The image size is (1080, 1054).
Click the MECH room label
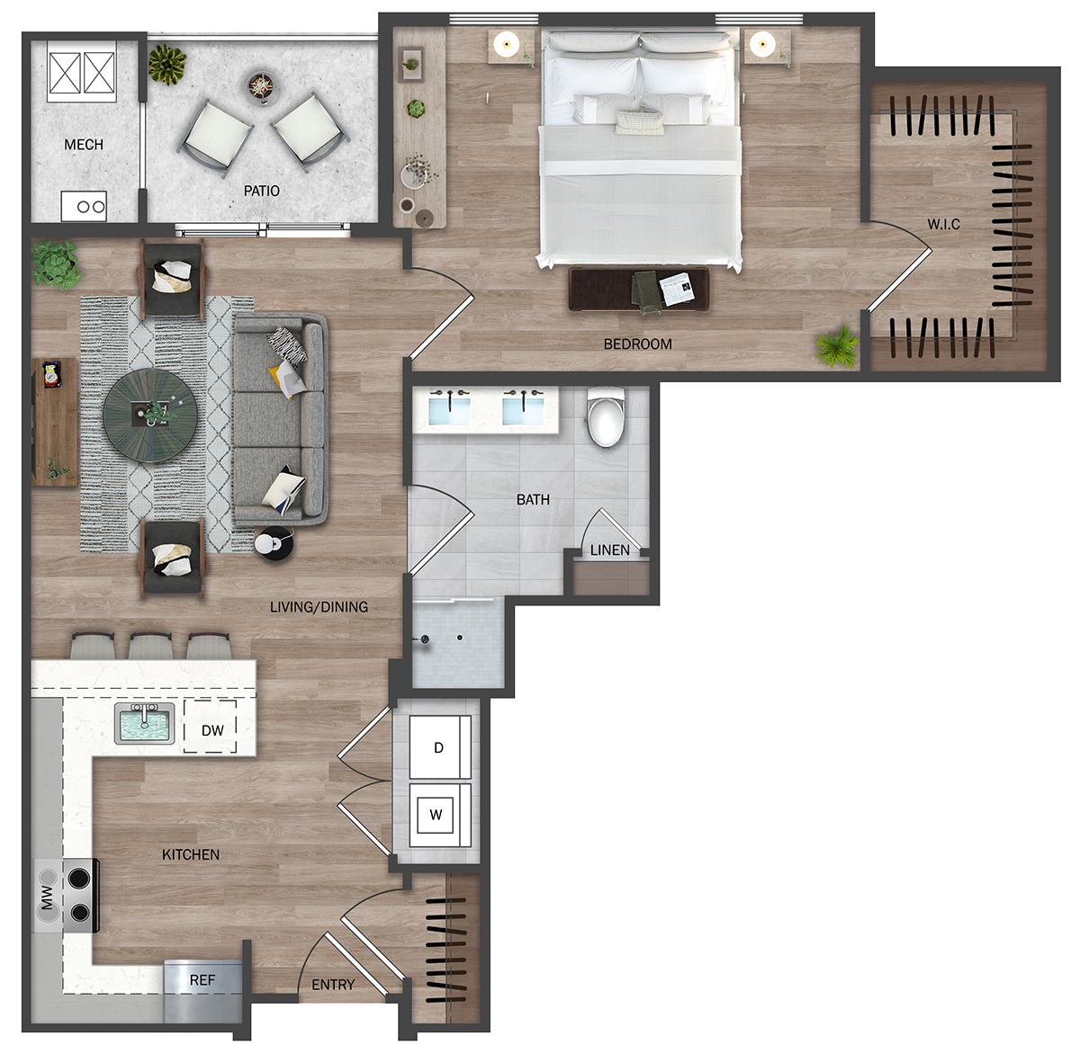pyautogui.click(x=84, y=145)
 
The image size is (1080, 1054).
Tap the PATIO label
pyautogui.click(x=261, y=191)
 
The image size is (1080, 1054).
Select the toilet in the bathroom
pyautogui.click(x=606, y=417)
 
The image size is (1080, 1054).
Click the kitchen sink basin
pyautogui.click(x=144, y=724)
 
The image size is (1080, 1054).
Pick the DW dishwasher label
pyautogui.click(x=212, y=731)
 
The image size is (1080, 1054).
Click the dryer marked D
pyautogui.click(x=439, y=747)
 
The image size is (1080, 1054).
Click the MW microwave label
pyautogui.click(x=47, y=897)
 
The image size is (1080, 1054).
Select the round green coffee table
pyautogui.click(x=149, y=415)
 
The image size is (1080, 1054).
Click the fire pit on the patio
pyautogui.click(x=263, y=87)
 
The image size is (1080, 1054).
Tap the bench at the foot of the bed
pyautogui.click(x=639, y=289)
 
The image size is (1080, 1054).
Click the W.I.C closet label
pyautogui.click(x=943, y=224)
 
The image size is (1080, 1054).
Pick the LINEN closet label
pyautogui.click(x=610, y=550)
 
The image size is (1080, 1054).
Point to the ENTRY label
pyautogui.click(x=333, y=985)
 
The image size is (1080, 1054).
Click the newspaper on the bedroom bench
pyautogui.click(x=677, y=289)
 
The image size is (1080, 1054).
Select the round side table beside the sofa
pyautogui.click(x=274, y=543)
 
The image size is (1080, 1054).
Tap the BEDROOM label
pyautogui.click(x=638, y=344)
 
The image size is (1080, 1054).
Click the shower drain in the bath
pyautogui.click(x=460, y=638)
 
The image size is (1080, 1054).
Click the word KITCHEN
pyautogui.click(x=191, y=854)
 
